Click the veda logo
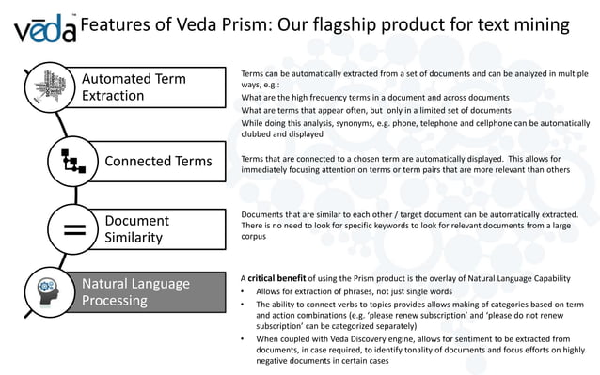[44, 28]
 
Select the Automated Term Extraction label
[134, 86]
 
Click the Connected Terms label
[158, 161]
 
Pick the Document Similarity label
[136, 228]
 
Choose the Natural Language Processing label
[135, 291]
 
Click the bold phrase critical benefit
[283, 279]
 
